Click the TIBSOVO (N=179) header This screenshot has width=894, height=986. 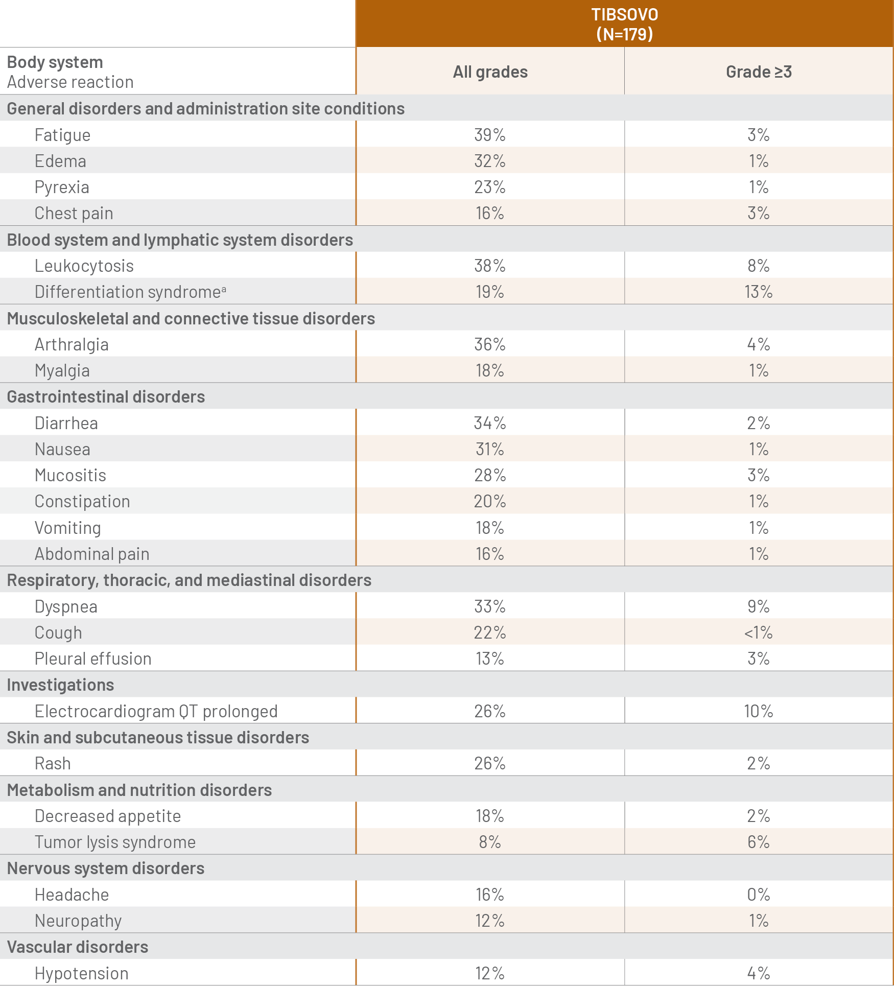pos(624,24)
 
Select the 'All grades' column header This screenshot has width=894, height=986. pos(490,72)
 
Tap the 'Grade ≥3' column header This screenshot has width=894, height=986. pos(759,72)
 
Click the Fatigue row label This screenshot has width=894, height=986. pos(62,135)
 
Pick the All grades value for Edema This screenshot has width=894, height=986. pos(490,161)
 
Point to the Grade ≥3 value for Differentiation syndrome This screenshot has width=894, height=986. pos(759,292)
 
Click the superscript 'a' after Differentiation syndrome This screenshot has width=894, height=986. pos(224,289)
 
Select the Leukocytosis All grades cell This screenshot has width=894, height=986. pos(490,266)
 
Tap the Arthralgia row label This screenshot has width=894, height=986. pos(72,344)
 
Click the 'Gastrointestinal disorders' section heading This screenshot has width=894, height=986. pos(106,397)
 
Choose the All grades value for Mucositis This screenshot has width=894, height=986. pos(490,475)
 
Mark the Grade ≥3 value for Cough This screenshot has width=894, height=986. pos(759,632)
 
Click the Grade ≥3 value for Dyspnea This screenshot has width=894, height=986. pos(759,606)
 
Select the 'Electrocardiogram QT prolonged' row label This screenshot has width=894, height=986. pos(156,711)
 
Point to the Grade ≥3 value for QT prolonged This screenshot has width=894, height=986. pos(759,711)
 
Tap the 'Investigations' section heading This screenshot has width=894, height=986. pos(60,685)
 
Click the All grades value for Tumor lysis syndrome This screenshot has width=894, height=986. pos(490,842)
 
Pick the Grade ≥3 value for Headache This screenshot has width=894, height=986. pos(759,895)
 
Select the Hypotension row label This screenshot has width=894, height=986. pos(81,973)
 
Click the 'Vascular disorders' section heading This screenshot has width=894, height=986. pos(78,947)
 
